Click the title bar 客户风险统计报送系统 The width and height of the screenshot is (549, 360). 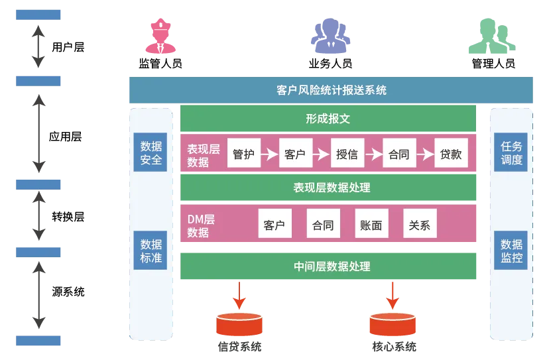tap(331, 90)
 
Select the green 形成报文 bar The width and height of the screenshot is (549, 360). tap(328, 119)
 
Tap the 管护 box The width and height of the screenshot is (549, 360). tap(242, 154)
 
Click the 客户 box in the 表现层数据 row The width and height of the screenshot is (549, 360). tap(294, 154)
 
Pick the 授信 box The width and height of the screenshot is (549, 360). tap(347, 154)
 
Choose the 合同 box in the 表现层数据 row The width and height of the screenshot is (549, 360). tap(398, 154)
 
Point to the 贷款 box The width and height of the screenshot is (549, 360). tap(451, 154)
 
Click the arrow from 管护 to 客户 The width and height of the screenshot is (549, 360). tap(269, 154)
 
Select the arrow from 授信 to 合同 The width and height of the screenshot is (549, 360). tap(373, 154)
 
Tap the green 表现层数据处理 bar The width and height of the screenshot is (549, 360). tap(328, 188)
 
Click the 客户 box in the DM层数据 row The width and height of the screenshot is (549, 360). tap(274, 225)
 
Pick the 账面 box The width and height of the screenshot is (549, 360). tap(371, 225)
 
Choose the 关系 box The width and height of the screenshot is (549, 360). tap(420, 225)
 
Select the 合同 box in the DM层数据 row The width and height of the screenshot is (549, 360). tap(323, 225)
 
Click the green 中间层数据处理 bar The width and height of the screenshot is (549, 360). tap(328, 267)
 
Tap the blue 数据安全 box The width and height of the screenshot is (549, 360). tap(151, 152)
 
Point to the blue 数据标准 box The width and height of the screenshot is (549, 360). tap(151, 250)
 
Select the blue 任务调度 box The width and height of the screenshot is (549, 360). tap(511, 152)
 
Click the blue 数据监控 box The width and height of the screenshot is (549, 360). tap(511, 250)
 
